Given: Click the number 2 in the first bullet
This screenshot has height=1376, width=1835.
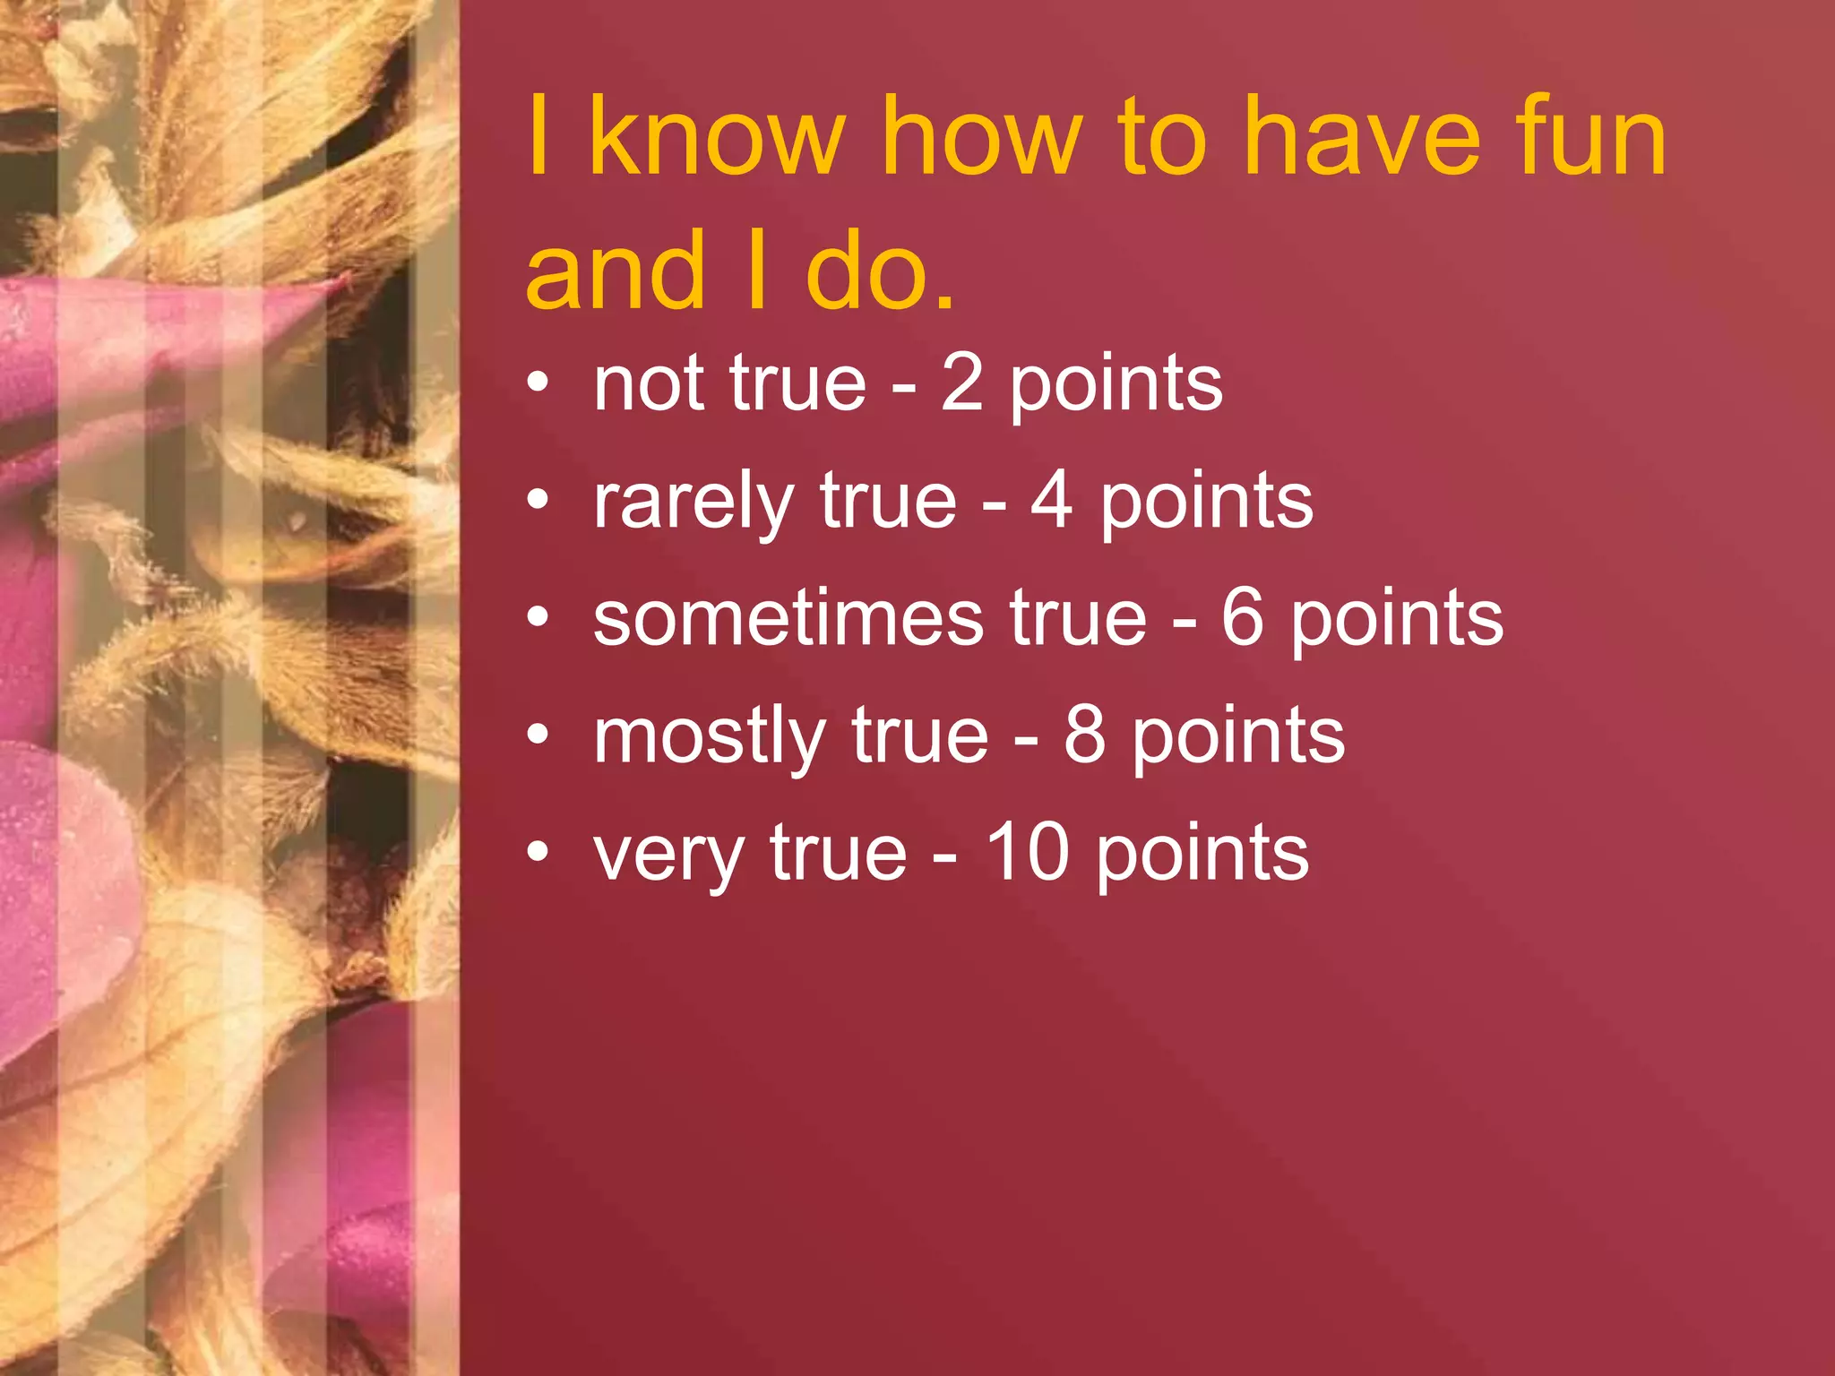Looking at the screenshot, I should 962,383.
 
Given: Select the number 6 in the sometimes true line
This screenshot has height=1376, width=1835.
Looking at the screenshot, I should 1243,618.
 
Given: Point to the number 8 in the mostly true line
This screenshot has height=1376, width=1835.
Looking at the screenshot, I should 1085,735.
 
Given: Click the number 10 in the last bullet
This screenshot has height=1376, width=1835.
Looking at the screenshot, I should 1028,853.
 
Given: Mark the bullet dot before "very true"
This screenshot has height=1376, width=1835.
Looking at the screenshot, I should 538,851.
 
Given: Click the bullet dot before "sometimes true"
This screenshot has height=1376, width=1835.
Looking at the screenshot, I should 538,616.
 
